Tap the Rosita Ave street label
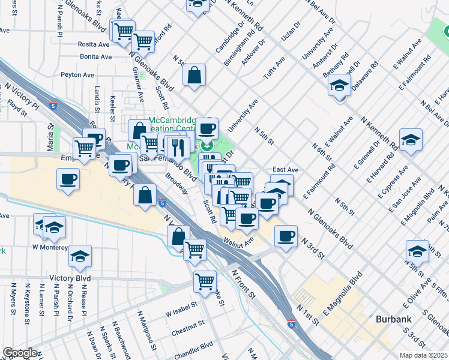(x=94, y=44)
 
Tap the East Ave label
(x=285, y=170)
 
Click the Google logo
(x=20, y=353)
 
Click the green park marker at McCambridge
(x=207, y=145)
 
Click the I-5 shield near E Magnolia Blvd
(x=292, y=325)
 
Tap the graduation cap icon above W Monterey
(x=54, y=227)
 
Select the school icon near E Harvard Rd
(x=411, y=140)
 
